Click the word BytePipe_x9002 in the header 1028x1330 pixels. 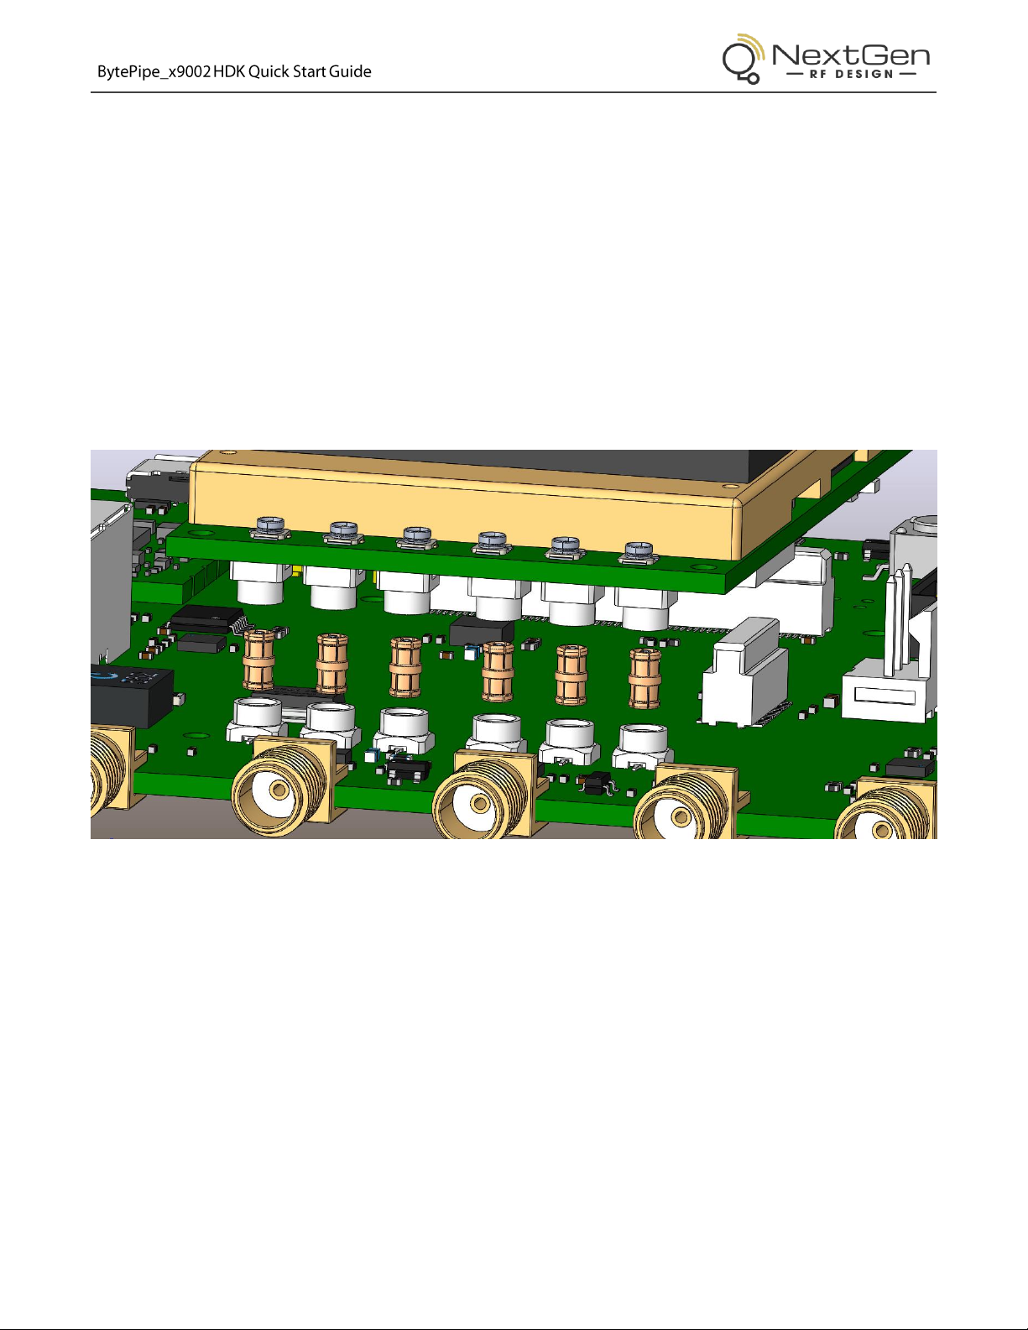coord(154,72)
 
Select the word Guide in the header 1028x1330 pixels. coord(350,71)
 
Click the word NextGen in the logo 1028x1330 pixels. coord(851,55)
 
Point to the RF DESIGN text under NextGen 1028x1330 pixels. coord(851,74)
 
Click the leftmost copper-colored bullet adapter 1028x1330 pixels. coord(258,660)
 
